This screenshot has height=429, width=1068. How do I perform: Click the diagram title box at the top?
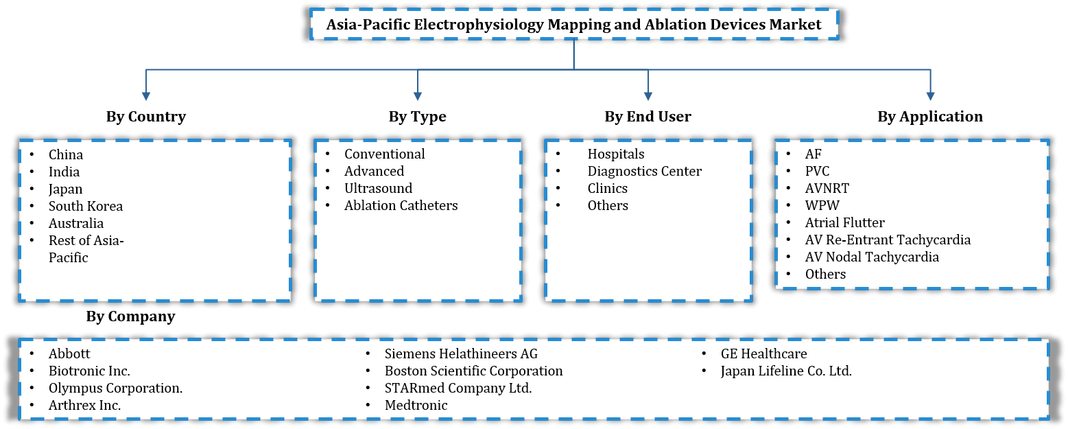tap(573, 25)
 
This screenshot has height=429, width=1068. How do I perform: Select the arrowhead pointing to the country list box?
tap(145, 96)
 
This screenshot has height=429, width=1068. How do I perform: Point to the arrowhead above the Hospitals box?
tap(648, 96)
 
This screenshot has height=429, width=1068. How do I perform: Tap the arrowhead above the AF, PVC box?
tap(929, 96)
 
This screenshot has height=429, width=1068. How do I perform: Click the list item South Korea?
tap(86, 206)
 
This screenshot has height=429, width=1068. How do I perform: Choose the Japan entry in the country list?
tap(65, 189)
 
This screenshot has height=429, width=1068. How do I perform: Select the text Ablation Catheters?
tap(401, 205)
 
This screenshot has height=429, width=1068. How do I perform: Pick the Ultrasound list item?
tap(378, 188)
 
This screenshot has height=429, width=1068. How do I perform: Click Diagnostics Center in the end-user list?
tap(644, 171)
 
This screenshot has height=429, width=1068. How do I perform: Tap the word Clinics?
tap(607, 188)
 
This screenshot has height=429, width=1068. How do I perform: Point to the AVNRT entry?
tap(827, 188)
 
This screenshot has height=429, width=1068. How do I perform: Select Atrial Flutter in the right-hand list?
tap(844, 222)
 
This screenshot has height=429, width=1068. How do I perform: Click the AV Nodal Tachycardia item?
tap(872, 257)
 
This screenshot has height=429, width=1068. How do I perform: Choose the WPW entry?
tap(822, 205)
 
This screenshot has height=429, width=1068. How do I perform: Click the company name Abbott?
tap(69, 354)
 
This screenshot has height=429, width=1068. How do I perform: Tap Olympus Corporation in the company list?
tap(115, 388)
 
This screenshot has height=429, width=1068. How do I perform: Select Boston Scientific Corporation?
tap(473, 371)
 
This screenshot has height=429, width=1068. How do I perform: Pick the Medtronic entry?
tap(416, 405)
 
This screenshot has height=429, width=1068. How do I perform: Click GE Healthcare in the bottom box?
tap(763, 354)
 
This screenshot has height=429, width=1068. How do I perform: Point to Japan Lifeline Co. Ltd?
tap(786, 371)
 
